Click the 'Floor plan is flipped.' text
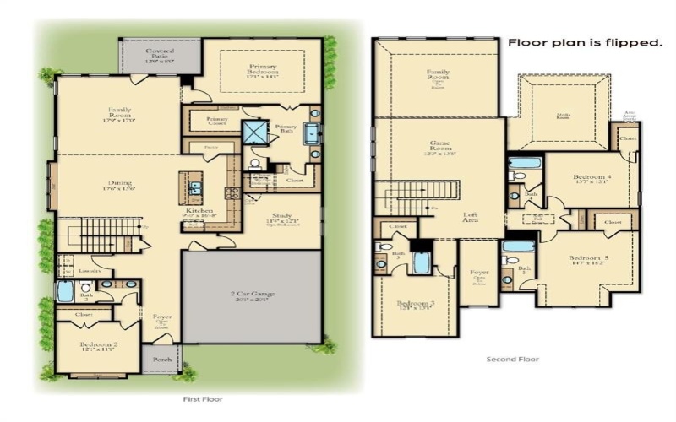pos(584,41)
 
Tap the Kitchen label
pos(200,212)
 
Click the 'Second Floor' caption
pos(512,359)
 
